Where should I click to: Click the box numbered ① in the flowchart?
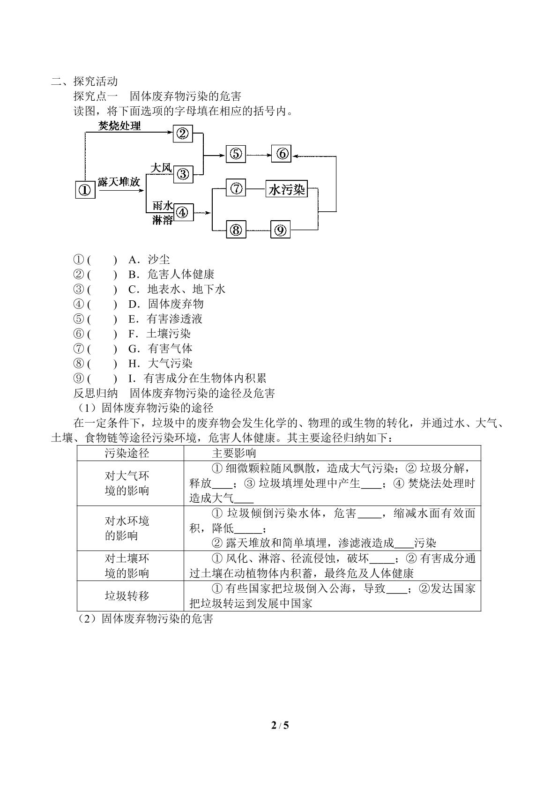[x=85, y=190]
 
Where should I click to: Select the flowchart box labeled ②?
[x=183, y=134]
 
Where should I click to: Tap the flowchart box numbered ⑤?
[x=236, y=154]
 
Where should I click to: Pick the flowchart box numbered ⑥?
[x=281, y=154]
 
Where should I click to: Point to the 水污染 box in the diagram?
[x=286, y=189]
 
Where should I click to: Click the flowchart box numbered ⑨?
[x=281, y=230]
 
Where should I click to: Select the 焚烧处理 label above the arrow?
[x=119, y=126]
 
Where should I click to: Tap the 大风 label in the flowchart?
[x=161, y=168]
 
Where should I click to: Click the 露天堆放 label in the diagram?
[x=119, y=182]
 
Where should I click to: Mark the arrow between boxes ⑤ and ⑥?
[x=259, y=155]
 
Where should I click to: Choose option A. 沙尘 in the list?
[x=149, y=260]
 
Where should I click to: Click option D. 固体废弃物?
[x=166, y=304]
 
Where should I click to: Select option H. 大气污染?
[x=160, y=363]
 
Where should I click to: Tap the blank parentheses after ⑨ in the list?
[x=102, y=379]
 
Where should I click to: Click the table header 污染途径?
[x=127, y=454]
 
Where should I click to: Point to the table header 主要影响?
[x=234, y=454]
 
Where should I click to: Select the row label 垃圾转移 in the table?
[x=127, y=595]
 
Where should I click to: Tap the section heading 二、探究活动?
[x=84, y=82]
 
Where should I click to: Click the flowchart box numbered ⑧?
[x=236, y=230]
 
